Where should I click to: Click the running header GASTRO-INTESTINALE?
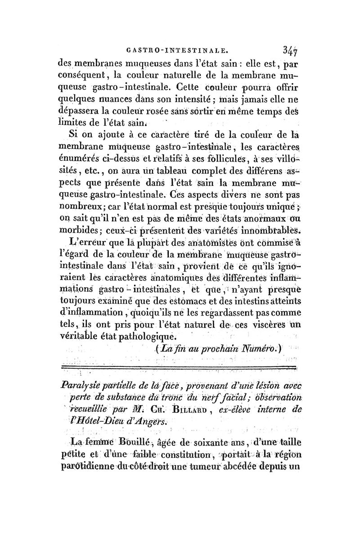click(x=179, y=46)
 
